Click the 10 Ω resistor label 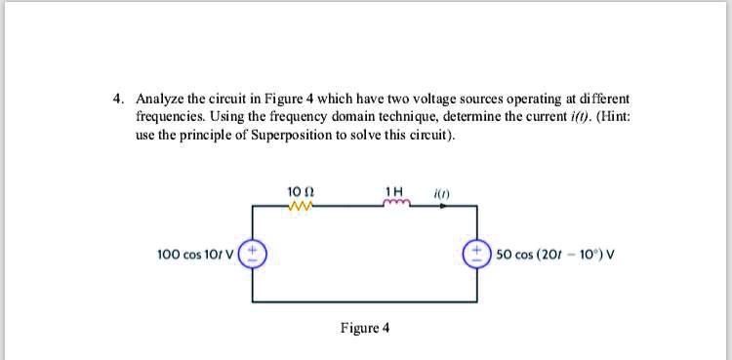point(301,190)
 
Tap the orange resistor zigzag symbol point(301,205)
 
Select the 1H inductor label point(393,190)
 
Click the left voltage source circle point(255,255)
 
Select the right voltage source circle point(478,255)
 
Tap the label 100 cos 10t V point(198,255)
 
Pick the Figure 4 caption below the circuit point(365,328)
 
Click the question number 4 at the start point(117,100)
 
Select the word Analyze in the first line point(159,100)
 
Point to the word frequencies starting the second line point(170,116)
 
